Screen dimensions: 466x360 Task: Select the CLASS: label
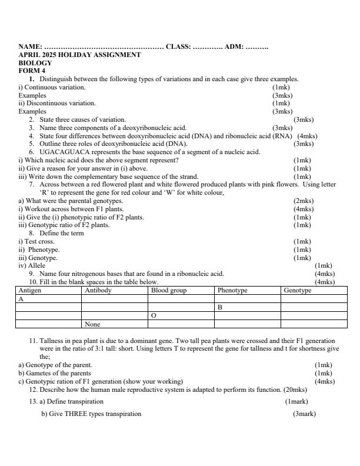point(178,46)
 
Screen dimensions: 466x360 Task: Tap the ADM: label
point(234,46)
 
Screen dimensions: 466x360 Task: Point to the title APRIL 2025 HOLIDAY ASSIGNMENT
point(79,55)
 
